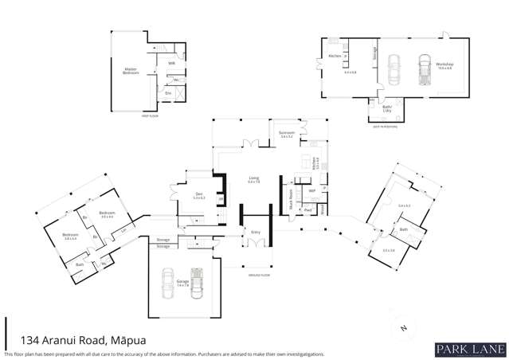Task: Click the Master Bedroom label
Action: coord(131,70)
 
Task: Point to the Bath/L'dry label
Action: coord(386,108)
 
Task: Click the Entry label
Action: coord(256,232)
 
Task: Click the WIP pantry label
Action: coord(312,191)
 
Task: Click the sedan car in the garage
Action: coord(168,283)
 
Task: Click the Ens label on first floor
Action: coord(167,93)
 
